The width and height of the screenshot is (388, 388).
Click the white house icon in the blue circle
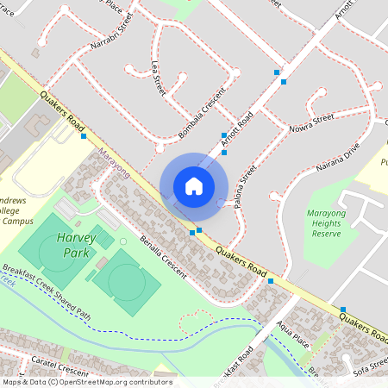tap(194, 186)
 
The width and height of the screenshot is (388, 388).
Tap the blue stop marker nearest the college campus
tap(84, 136)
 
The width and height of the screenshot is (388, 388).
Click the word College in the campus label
tap(9, 210)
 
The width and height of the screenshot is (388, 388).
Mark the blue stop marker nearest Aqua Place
tap(271, 281)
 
